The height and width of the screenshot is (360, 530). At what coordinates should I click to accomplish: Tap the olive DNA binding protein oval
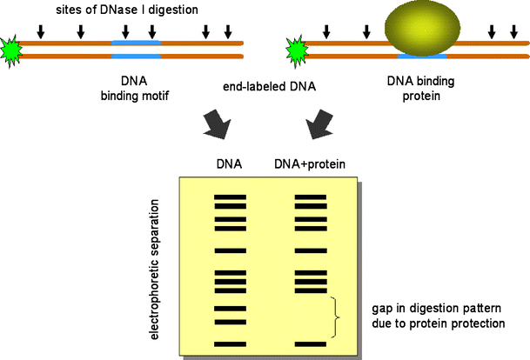(420, 30)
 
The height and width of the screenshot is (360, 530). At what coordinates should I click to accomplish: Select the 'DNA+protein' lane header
(309, 163)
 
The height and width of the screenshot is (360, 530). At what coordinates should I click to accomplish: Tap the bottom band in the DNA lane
(231, 344)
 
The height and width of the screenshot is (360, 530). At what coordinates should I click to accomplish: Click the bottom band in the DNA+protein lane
(310, 344)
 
